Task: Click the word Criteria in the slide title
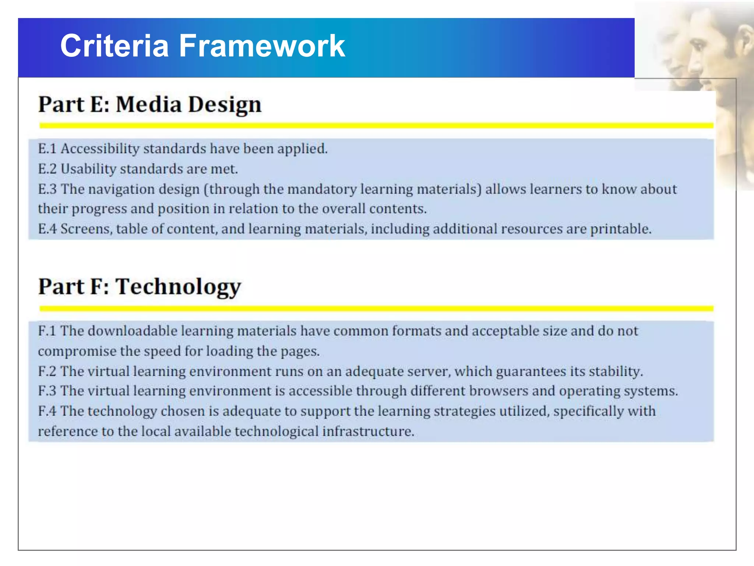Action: pos(114,46)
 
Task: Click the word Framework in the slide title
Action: pos(262,46)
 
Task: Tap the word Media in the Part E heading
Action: pos(149,104)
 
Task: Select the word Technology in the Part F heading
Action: pos(178,287)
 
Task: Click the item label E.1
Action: pos(47,149)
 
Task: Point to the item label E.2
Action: pos(47,169)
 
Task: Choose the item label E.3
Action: pos(47,189)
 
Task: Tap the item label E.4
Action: pos(47,229)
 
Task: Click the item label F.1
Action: pos(47,331)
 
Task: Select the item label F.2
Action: pos(47,371)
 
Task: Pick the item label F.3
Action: pos(47,391)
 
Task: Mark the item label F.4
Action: pos(47,411)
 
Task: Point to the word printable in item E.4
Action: pos(621,229)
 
